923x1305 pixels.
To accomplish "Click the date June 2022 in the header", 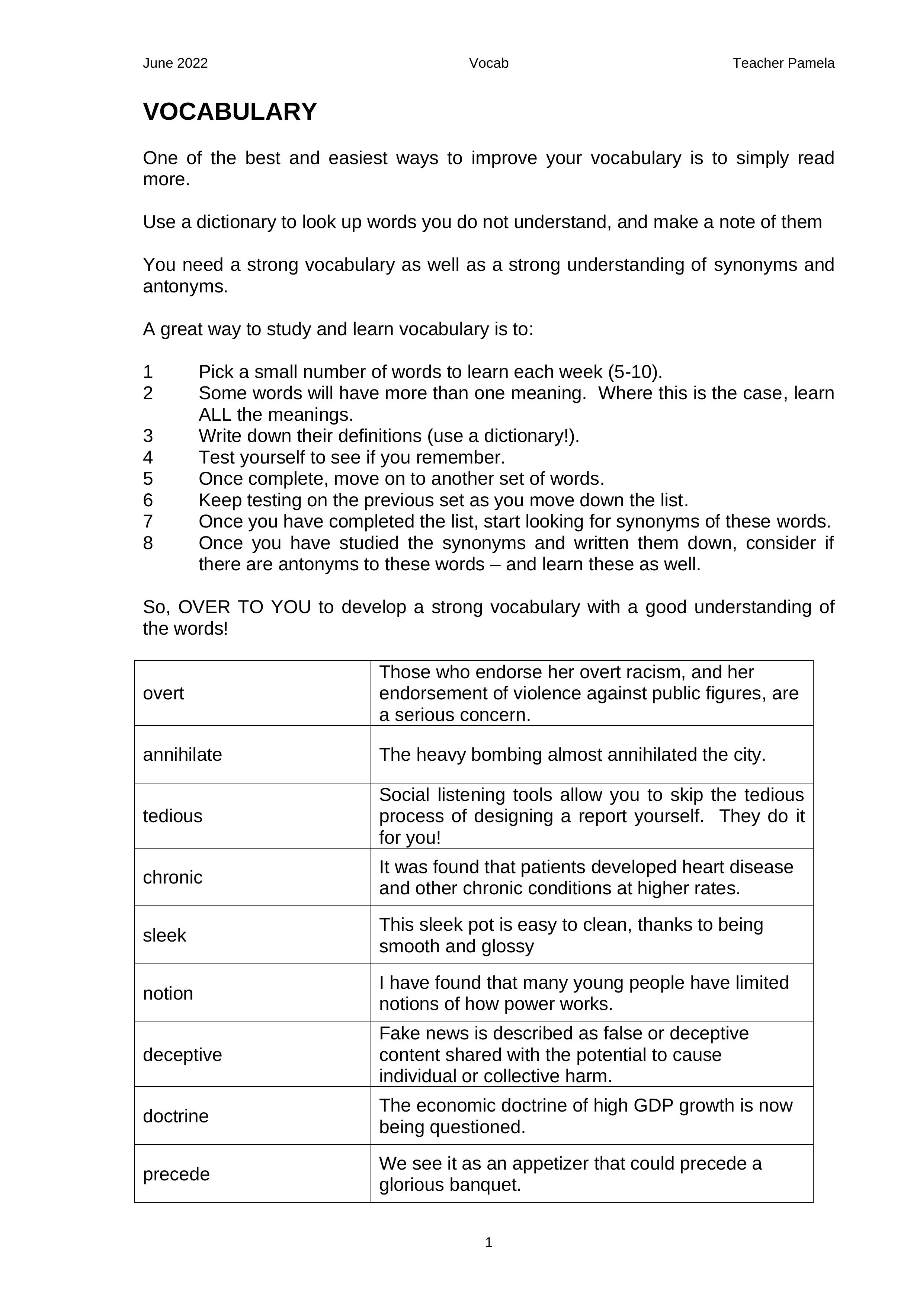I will pos(175,63).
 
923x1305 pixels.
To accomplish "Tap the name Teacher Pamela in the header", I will pos(783,63).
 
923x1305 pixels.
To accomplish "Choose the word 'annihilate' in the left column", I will pos(182,754).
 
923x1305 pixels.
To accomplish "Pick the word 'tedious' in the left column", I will pos(172,815).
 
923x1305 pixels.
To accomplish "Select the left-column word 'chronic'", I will pos(172,877).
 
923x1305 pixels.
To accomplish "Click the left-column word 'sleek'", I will pos(164,935).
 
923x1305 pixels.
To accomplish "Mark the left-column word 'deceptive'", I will pos(182,1054).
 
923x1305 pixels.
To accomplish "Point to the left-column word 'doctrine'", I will pos(175,1116).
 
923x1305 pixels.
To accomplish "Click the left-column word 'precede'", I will pos(176,1174).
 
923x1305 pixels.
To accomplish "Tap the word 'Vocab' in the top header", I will pos(488,63).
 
